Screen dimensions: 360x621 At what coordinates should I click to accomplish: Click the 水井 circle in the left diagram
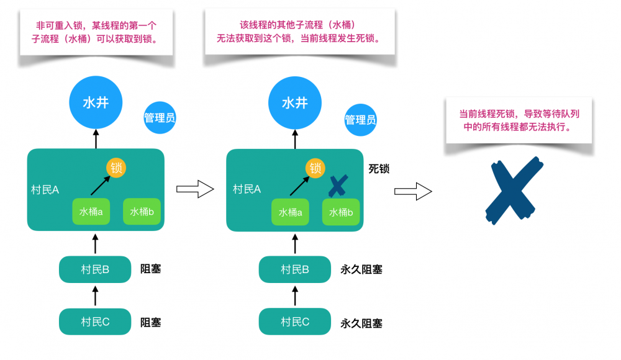click(96, 102)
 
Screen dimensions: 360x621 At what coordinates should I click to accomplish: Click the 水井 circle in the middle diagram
click(295, 102)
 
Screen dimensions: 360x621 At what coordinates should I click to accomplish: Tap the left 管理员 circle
click(160, 117)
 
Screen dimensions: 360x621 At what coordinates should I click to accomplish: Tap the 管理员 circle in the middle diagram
click(360, 119)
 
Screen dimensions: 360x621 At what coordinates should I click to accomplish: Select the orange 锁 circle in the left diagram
click(116, 168)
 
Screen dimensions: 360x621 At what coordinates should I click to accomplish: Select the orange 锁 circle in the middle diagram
click(315, 168)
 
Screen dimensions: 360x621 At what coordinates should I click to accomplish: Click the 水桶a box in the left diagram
click(91, 212)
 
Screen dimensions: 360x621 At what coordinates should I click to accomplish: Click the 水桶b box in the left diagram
click(142, 212)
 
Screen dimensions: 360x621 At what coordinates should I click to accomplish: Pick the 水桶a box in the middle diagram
click(291, 212)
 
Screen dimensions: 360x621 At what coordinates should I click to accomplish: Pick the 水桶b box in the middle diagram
click(341, 212)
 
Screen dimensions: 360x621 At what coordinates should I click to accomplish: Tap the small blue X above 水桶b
click(338, 185)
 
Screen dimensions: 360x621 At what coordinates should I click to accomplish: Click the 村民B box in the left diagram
click(95, 269)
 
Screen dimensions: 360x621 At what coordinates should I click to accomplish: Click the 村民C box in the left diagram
click(95, 322)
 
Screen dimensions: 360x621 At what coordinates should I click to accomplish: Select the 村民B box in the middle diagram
click(295, 269)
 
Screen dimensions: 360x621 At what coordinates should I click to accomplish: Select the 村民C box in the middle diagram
click(295, 322)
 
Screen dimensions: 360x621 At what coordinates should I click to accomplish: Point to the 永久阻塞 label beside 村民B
click(361, 269)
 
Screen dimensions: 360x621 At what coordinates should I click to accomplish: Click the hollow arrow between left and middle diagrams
click(195, 190)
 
